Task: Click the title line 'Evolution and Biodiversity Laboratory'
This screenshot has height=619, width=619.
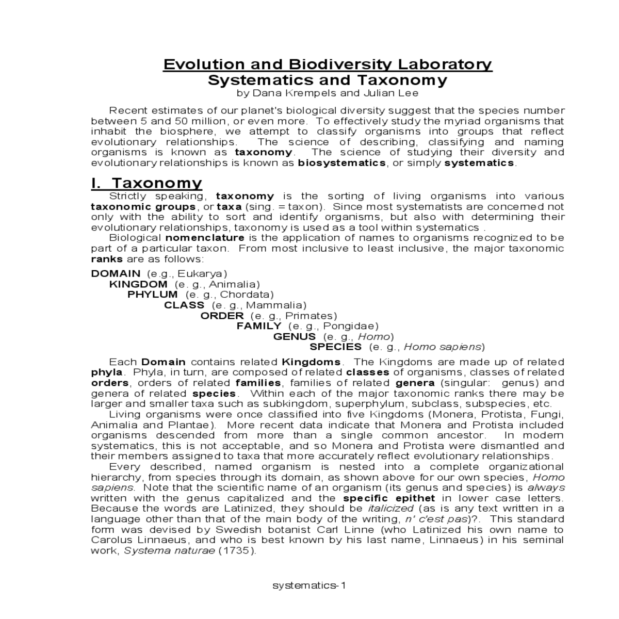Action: coord(328,64)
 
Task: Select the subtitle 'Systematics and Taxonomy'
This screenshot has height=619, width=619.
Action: coord(328,80)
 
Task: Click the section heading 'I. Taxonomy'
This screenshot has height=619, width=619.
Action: coord(146,183)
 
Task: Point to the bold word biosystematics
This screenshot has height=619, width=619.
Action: coord(341,163)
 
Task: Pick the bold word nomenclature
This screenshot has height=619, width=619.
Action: coord(205,238)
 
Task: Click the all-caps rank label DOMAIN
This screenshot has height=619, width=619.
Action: coord(116,273)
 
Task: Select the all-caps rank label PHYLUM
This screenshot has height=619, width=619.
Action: coord(153,295)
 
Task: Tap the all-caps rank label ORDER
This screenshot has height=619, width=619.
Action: coord(222,316)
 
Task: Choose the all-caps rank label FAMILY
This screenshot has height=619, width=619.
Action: coord(259,326)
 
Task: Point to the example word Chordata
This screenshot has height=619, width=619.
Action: coord(245,295)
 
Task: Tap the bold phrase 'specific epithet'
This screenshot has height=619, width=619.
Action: coord(389,498)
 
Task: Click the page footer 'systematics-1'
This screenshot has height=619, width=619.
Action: coord(309,585)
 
